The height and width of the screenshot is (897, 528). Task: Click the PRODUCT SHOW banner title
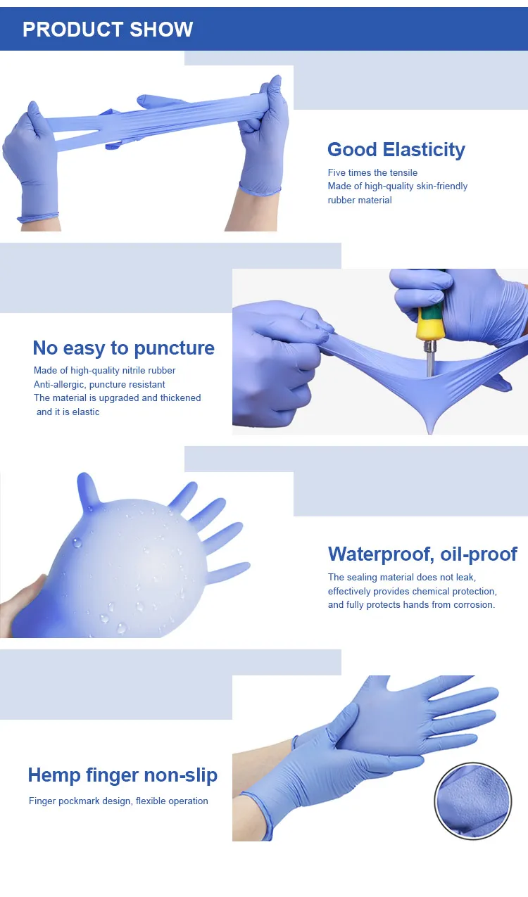pyautogui.click(x=108, y=30)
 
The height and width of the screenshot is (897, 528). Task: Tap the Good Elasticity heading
pyautogui.click(x=396, y=150)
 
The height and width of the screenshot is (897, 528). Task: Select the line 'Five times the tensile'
pyautogui.click(x=372, y=173)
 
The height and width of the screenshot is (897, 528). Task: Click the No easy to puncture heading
pyautogui.click(x=123, y=348)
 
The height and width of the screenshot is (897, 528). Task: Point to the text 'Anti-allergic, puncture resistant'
pyautogui.click(x=99, y=385)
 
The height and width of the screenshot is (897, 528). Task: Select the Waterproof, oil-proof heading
pyautogui.click(x=422, y=554)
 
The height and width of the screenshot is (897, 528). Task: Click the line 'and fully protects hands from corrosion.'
pyautogui.click(x=411, y=605)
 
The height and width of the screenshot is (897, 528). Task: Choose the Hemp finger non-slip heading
pyautogui.click(x=122, y=775)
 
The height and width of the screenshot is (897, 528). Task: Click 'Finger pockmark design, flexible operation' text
pyautogui.click(x=118, y=801)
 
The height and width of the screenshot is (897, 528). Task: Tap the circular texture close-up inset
pyautogui.click(x=473, y=801)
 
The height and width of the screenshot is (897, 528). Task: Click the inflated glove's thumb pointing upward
pyautogui.click(x=88, y=489)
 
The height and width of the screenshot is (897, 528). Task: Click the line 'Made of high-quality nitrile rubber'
pyautogui.click(x=104, y=371)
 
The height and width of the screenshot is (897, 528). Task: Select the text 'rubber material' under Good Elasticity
pyautogui.click(x=360, y=201)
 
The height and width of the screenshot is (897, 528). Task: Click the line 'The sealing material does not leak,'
pyautogui.click(x=402, y=578)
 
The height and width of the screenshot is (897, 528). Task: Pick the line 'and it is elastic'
pyautogui.click(x=68, y=412)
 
